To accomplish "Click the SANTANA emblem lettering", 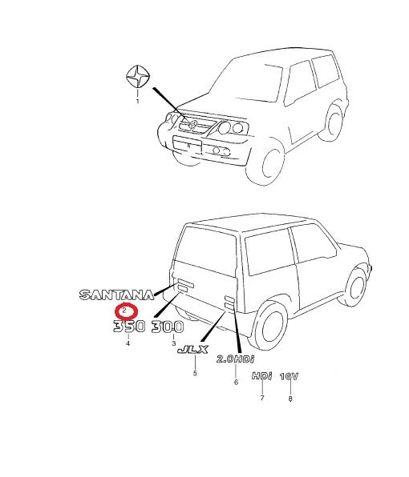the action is pyautogui.click(x=117, y=295).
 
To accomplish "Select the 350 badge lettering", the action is pyautogui.click(x=129, y=327).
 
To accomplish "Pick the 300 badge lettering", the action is pyautogui.click(x=168, y=327).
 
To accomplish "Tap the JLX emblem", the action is pyautogui.click(x=192, y=350).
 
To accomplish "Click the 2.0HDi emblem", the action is pyautogui.click(x=235, y=359).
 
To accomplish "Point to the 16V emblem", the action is pyautogui.click(x=289, y=377).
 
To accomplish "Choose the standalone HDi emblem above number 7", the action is pyautogui.click(x=261, y=376).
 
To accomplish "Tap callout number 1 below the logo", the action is pyautogui.click(x=137, y=101).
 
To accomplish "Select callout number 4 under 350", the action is pyautogui.click(x=128, y=343).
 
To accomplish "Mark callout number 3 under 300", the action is pyautogui.click(x=174, y=343).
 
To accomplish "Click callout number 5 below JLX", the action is pyautogui.click(x=195, y=373).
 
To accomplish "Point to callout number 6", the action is pyautogui.click(x=236, y=382).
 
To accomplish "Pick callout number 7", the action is pyautogui.click(x=262, y=398).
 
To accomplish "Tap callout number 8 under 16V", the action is pyautogui.click(x=290, y=399).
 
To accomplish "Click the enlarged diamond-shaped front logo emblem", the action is pyautogui.click(x=138, y=76).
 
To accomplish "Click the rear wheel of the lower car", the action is pyautogui.click(x=272, y=325).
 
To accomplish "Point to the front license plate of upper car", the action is pyautogui.click(x=188, y=145).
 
